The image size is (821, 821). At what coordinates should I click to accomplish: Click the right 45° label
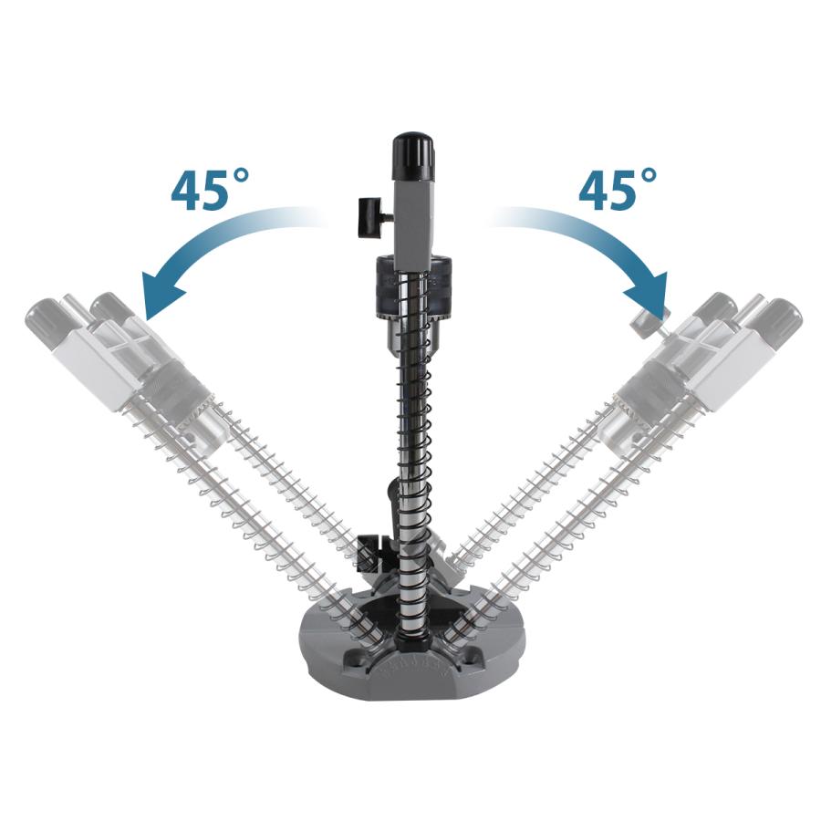pyautogui.click(x=618, y=189)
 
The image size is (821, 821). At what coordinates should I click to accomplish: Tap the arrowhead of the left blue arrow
pyautogui.click(x=164, y=296)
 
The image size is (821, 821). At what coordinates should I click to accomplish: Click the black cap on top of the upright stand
pyautogui.click(x=413, y=156)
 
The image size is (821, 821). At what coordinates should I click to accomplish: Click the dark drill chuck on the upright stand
pyautogui.click(x=413, y=298)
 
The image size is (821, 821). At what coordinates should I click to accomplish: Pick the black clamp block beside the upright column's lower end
pyautogui.click(x=373, y=554)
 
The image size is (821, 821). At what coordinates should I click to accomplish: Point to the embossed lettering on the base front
pyautogui.click(x=413, y=667)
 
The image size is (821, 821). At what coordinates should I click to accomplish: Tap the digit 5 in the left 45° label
pyautogui.click(x=215, y=192)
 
